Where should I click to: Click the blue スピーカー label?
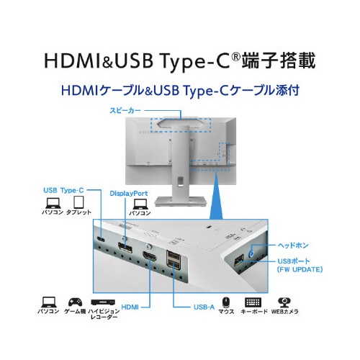click(x=125, y=111)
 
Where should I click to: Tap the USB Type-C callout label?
click(x=63, y=191)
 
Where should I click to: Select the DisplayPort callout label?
click(x=129, y=194)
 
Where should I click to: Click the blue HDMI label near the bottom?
click(x=130, y=307)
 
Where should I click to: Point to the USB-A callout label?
click(x=204, y=307)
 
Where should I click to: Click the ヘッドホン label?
click(x=293, y=246)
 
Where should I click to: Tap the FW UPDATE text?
click(x=300, y=269)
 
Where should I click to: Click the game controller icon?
click(x=75, y=302)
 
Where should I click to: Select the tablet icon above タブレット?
click(x=78, y=202)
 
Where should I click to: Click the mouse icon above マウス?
click(x=226, y=302)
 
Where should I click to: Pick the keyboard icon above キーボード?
click(x=253, y=302)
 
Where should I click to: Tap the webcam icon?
click(x=284, y=302)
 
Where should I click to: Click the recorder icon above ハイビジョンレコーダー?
click(x=103, y=302)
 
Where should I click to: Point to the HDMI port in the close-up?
click(x=150, y=256)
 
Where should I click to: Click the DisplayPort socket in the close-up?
click(x=125, y=248)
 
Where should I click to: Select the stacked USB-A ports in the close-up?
click(x=174, y=259)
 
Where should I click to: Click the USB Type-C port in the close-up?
click(x=101, y=239)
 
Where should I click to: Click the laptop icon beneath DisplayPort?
click(x=140, y=204)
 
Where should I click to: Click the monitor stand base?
click(x=181, y=201)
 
